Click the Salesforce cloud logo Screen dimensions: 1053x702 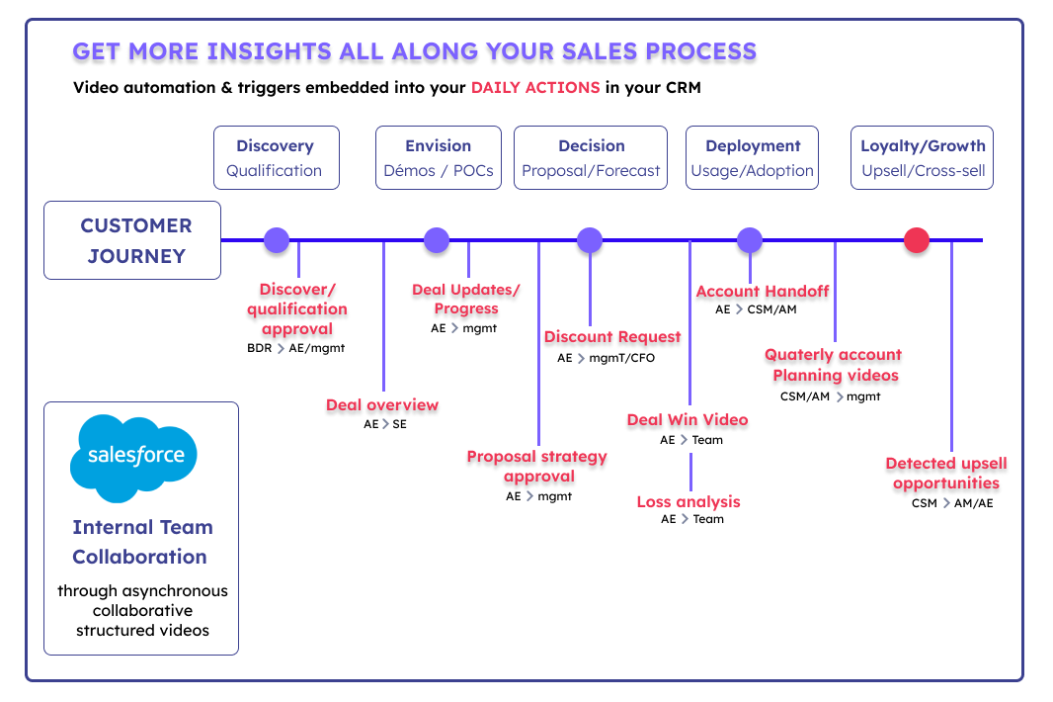pos(133,458)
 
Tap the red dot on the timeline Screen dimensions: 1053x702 pos(916,240)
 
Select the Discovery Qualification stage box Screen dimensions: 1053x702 pos(277,158)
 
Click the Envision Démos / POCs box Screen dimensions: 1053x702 pos(439,158)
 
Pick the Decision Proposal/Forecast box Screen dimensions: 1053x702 pos(591,158)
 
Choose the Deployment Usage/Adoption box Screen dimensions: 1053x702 pos(752,158)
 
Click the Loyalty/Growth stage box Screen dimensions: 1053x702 pos(922,158)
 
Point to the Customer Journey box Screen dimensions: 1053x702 pos(132,240)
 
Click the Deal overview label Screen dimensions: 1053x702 pos(382,404)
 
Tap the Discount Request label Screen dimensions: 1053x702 pos(612,337)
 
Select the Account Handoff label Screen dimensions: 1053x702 pos(763,291)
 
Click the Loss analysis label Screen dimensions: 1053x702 pos(688,501)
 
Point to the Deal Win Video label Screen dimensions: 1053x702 pos(688,419)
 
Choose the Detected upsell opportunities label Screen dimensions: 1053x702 pos(946,473)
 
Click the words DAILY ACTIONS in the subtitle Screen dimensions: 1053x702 pos(535,87)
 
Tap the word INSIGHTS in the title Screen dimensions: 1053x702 pos(270,51)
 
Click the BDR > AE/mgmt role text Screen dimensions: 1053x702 pos(295,348)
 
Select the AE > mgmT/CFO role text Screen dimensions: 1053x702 pos(606,358)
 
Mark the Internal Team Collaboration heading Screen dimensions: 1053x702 pos(142,542)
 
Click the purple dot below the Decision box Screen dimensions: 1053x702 pos(590,240)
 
